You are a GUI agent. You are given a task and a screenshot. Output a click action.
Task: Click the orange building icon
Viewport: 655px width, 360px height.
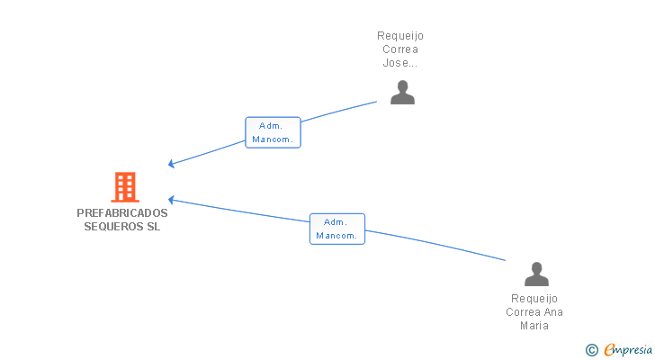tap(124, 187)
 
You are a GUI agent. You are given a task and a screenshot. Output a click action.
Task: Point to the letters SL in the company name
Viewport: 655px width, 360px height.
tap(154, 227)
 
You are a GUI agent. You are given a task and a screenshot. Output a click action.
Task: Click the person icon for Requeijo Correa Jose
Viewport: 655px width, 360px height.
tap(402, 93)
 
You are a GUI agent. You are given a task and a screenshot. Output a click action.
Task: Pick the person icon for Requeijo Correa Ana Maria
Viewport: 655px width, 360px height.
tap(536, 274)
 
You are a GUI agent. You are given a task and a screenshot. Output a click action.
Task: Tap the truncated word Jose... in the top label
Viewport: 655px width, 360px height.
tap(400, 64)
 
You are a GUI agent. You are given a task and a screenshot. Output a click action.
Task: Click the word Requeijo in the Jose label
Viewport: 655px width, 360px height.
tap(400, 36)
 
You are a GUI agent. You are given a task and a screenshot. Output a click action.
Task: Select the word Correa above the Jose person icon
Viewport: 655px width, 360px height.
tap(400, 50)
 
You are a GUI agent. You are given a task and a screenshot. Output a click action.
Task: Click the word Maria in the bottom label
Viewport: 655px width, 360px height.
tap(534, 326)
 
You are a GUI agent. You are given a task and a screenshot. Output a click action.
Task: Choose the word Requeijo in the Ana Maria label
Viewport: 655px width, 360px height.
tap(534, 299)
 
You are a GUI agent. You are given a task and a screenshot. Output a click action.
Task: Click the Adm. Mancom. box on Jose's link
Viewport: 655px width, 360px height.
tap(273, 132)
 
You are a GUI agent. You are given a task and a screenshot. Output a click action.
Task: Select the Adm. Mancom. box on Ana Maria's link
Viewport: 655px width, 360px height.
tap(337, 229)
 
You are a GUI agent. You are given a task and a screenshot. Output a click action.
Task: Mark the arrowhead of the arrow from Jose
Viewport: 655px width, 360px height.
tap(172, 164)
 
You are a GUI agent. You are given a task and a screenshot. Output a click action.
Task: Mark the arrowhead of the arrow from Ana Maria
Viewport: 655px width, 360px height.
tap(172, 200)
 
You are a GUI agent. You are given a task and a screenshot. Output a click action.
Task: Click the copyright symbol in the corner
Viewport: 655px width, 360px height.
tap(592, 349)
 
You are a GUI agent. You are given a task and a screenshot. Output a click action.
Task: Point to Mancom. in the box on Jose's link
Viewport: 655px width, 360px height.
tap(273, 139)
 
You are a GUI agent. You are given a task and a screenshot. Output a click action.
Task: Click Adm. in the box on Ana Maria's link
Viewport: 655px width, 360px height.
tap(336, 221)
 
